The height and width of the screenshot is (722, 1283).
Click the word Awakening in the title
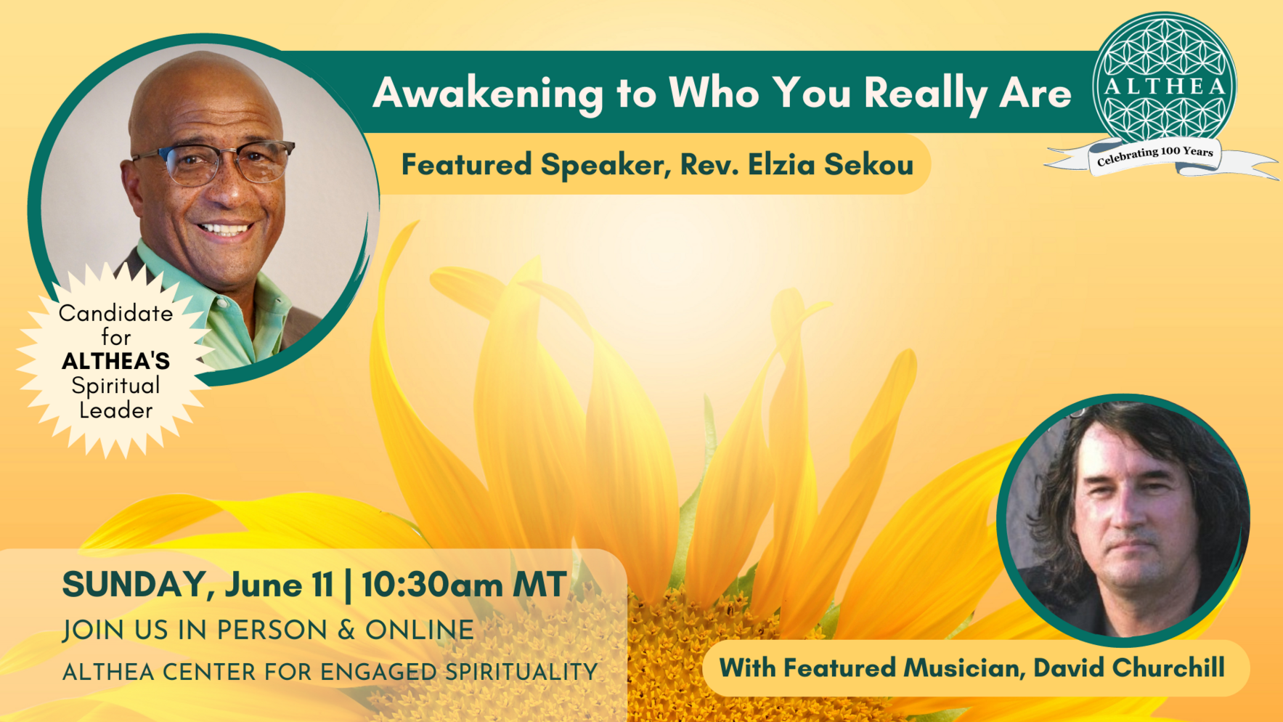click(x=488, y=94)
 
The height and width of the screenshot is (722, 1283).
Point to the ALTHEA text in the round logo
click(x=1165, y=86)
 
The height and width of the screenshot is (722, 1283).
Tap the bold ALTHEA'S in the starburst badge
click(x=115, y=361)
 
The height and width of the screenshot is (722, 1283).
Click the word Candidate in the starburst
click(x=115, y=313)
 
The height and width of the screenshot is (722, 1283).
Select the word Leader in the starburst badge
click(x=115, y=410)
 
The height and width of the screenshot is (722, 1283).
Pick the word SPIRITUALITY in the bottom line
click(x=521, y=673)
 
